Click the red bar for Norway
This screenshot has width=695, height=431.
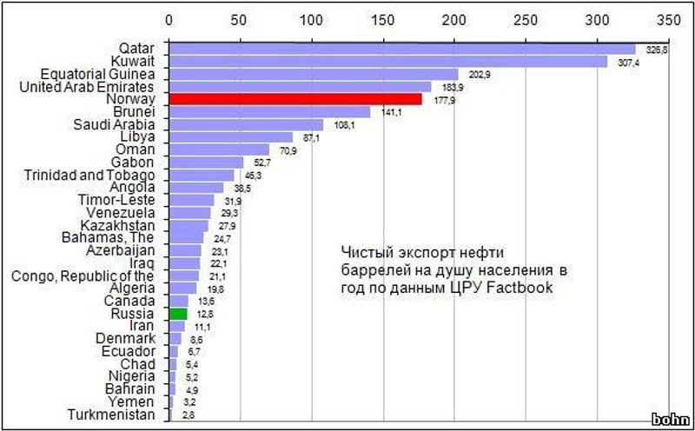click(x=295, y=100)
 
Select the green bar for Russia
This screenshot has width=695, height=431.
click(x=178, y=314)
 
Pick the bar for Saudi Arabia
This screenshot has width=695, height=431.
click(x=246, y=125)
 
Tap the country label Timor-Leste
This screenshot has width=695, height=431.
click(x=119, y=200)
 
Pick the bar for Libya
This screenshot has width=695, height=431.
click(x=230, y=137)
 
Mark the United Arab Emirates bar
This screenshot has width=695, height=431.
click(x=300, y=87)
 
